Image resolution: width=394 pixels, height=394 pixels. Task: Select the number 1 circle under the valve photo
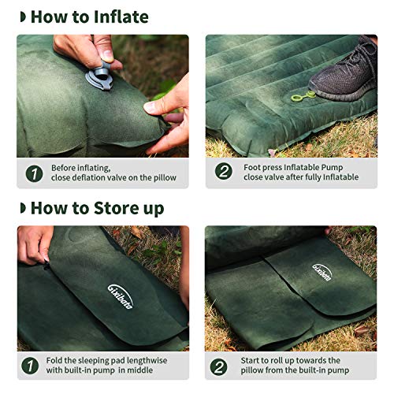coord(34,173)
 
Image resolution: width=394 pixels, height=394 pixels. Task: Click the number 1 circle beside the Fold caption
coord(34,366)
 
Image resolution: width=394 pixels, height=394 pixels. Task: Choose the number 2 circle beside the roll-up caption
coord(222,366)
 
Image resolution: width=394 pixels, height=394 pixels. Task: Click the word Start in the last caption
coord(254,361)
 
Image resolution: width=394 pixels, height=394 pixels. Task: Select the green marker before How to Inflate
coord(23,17)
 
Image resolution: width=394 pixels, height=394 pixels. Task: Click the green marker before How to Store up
coord(23,209)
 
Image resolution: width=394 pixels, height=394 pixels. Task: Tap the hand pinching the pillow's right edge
coord(172,110)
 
